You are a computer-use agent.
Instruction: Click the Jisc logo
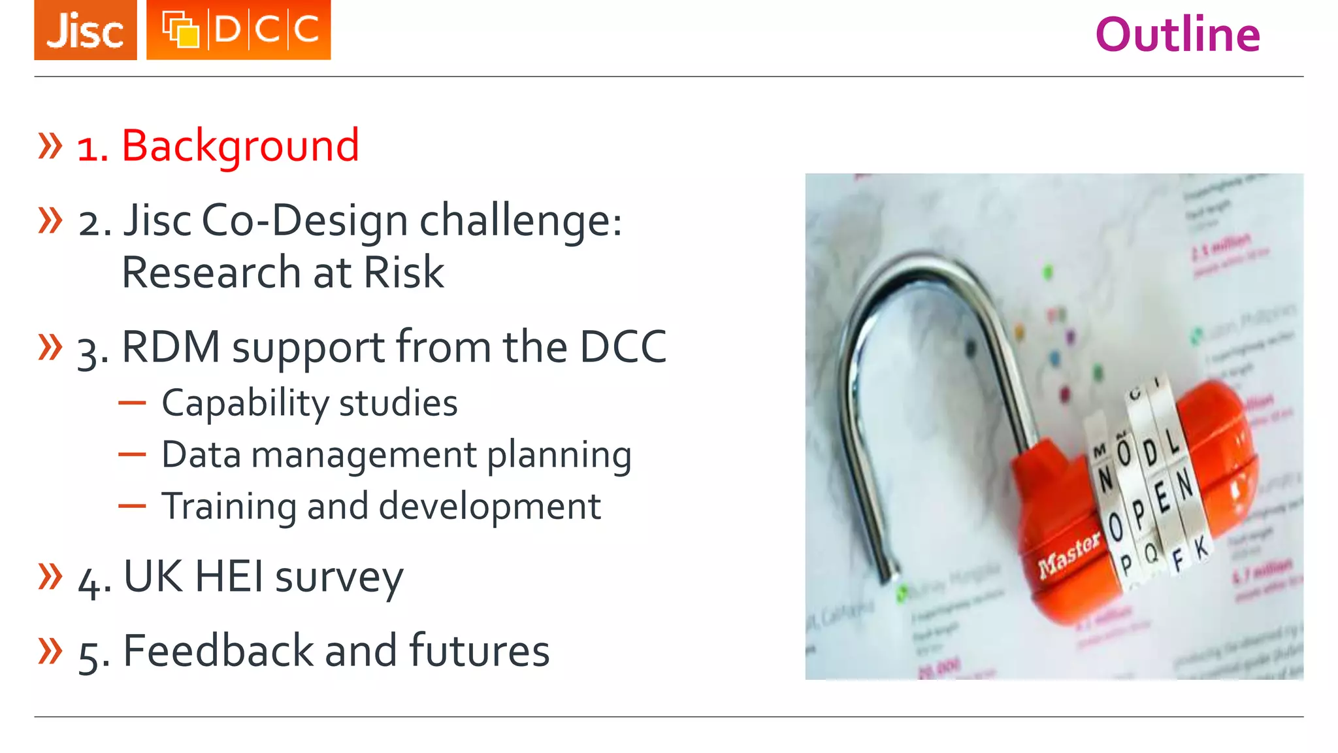coord(86,30)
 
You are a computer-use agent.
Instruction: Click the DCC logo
coord(238,30)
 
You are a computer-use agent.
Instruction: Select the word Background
coord(240,146)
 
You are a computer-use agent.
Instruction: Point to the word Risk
coord(404,272)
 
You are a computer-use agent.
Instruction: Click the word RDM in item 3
coord(171,346)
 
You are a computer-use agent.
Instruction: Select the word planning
coord(559,456)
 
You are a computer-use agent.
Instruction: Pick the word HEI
coord(229,577)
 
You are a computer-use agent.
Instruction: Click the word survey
coord(339,579)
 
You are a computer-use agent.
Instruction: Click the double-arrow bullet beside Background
coord(50,145)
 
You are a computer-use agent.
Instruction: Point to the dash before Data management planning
coord(132,454)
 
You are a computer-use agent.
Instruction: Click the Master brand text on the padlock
coord(1069,555)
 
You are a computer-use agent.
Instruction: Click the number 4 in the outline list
coord(89,580)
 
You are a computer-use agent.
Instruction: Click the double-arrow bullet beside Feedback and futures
coord(50,650)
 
